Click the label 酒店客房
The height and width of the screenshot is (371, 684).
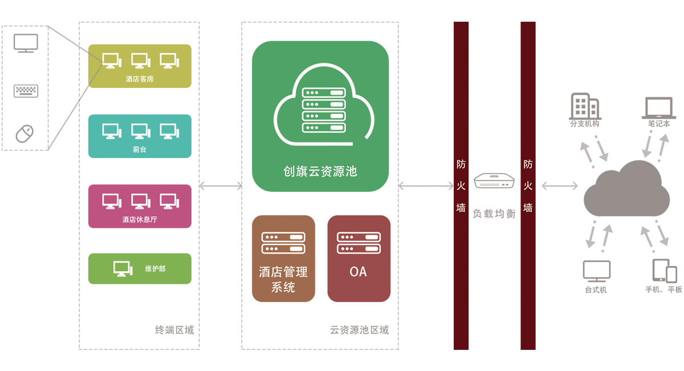[x=140, y=79]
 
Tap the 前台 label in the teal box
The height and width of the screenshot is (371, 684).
[x=140, y=150]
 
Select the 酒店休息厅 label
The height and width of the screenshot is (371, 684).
[x=140, y=219]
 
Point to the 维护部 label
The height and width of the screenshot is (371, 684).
[x=155, y=268]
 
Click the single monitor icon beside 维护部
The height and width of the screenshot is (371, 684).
[x=123, y=268]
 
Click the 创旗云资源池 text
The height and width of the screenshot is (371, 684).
[x=320, y=171]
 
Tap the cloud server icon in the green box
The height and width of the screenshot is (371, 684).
[x=323, y=108]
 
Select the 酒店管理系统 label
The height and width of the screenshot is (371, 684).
[x=283, y=279]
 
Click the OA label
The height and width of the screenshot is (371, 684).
[x=358, y=272]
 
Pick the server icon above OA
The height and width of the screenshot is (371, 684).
[x=359, y=243]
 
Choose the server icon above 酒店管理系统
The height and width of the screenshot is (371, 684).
[x=283, y=243]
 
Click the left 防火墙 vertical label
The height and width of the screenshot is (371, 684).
[x=461, y=186]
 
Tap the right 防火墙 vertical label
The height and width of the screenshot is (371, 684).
[x=528, y=186]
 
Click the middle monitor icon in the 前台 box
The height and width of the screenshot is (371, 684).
[x=140, y=131]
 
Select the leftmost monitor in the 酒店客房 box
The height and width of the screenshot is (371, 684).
[x=111, y=61]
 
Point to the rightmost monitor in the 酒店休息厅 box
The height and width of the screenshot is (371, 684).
[x=169, y=201]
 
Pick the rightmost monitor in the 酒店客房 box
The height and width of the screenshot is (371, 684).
[x=169, y=61]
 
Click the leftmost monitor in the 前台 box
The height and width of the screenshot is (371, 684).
[x=111, y=131]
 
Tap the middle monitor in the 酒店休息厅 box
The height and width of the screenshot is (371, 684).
[x=140, y=201]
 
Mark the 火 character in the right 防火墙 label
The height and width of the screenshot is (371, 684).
[x=528, y=186]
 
